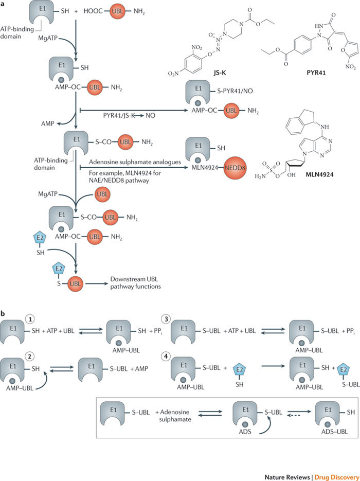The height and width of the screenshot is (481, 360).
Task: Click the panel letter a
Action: coord(4,4)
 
